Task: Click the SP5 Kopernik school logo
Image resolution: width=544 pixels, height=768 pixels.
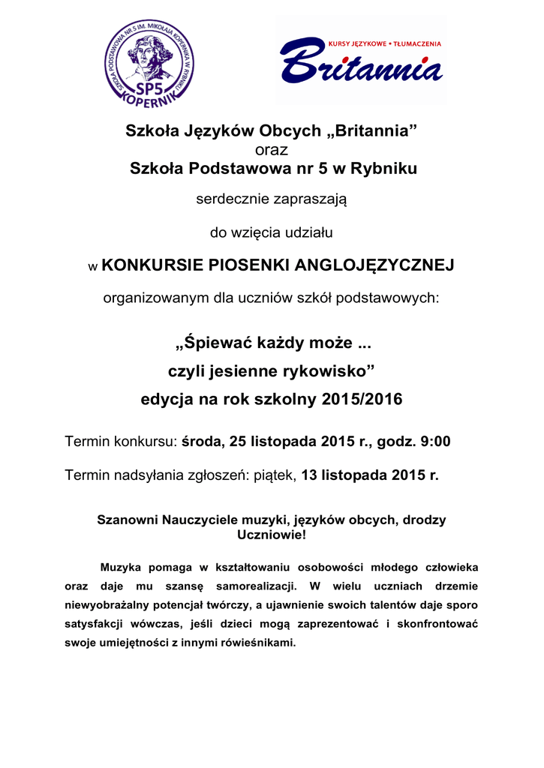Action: point(149,63)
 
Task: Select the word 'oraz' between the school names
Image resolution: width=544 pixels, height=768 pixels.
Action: point(272,151)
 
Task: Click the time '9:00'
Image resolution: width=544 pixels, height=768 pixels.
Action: point(435,442)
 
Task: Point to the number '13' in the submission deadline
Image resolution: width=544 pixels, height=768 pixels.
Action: point(310,475)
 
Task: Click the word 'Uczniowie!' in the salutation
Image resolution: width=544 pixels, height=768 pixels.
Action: point(272,535)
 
